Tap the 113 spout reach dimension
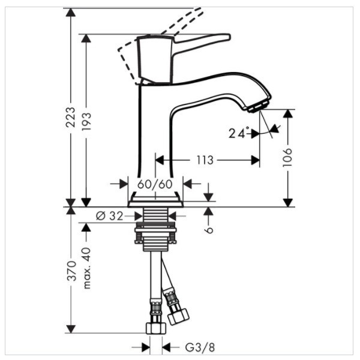[x=205, y=160]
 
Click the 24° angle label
[x=238, y=133]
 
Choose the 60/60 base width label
[x=155, y=184]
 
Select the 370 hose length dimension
[x=71, y=271]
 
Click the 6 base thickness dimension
[x=208, y=229]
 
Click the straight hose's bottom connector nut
[x=155, y=327]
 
